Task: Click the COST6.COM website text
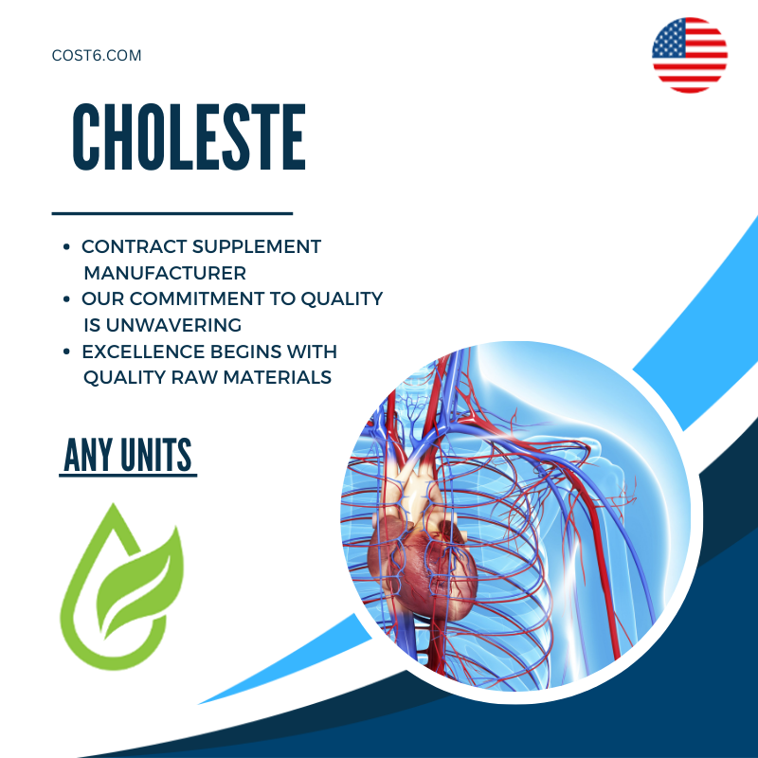click(97, 56)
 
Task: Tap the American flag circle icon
click(690, 55)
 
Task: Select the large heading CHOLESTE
click(189, 138)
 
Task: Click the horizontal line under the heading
click(171, 213)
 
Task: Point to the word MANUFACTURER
click(165, 273)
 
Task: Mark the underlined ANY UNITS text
click(128, 457)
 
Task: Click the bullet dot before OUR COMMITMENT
click(65, 299)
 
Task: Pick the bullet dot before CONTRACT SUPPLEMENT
click(65, 247)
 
